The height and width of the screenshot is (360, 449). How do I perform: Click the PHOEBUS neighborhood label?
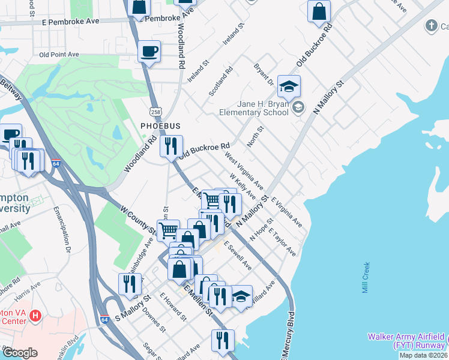(x=160, y=126)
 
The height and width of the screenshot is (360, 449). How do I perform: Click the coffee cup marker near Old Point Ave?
(x=149, y=51)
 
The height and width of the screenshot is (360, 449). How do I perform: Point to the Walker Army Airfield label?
(x=406, y=341)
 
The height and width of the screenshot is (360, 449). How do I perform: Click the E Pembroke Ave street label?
(x=70, y=21)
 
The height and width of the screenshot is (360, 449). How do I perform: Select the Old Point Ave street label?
(x=59, y=55)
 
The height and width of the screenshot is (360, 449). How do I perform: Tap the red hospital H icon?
(x=35, y=315)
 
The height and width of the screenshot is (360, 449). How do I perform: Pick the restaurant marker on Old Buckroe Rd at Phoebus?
(x=171, y=146)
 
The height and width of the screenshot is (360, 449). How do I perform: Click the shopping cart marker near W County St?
(x=169, y=230)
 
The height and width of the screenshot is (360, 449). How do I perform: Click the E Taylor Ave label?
(x=282, y=242)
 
